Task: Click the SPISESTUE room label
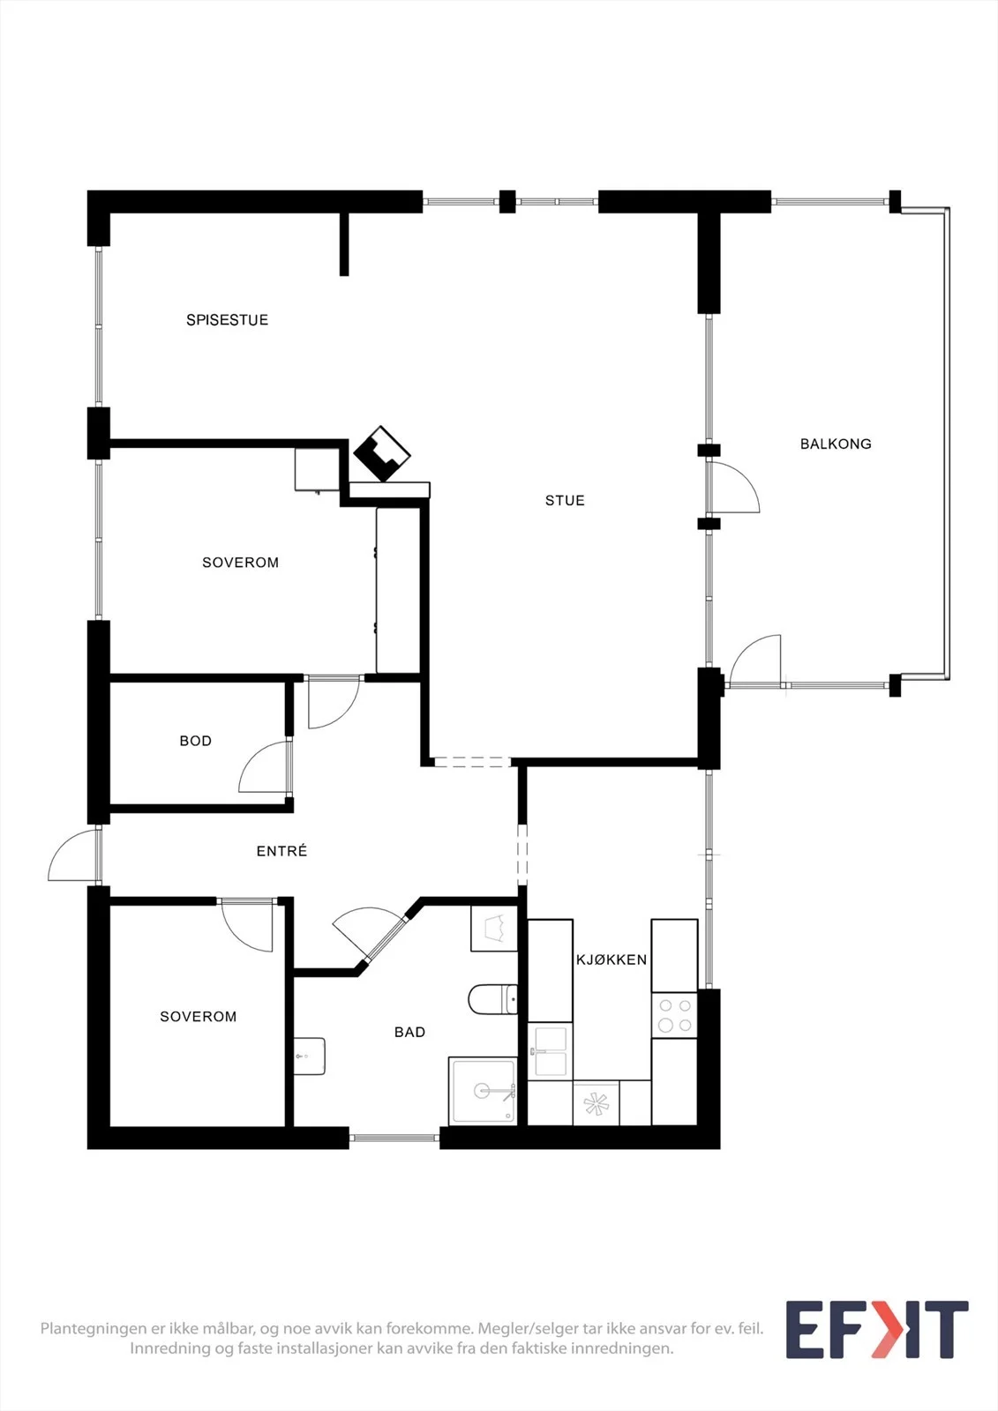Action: (x=227, y=320)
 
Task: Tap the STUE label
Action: (x=565, y=501)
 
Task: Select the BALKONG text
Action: (x=836, y=444)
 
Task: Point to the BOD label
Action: (x=195, y=741)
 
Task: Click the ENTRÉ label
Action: (x=281, y=851)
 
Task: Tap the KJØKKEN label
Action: (x=612, y=959)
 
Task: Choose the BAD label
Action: (x=409, y=1032)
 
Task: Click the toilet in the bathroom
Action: (x=493, y=999)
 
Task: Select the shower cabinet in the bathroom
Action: (x=483, y=1091)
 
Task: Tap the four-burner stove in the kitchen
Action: (x=674, y=1015)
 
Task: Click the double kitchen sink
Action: (x=550, y=1052)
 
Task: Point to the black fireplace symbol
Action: (x=382, y=453)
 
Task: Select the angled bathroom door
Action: (x=369, y=936)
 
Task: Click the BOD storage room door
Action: (x=265, y=766)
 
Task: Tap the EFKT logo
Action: (x=877, y=1330)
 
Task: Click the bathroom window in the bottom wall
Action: (x=394, y=1137)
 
